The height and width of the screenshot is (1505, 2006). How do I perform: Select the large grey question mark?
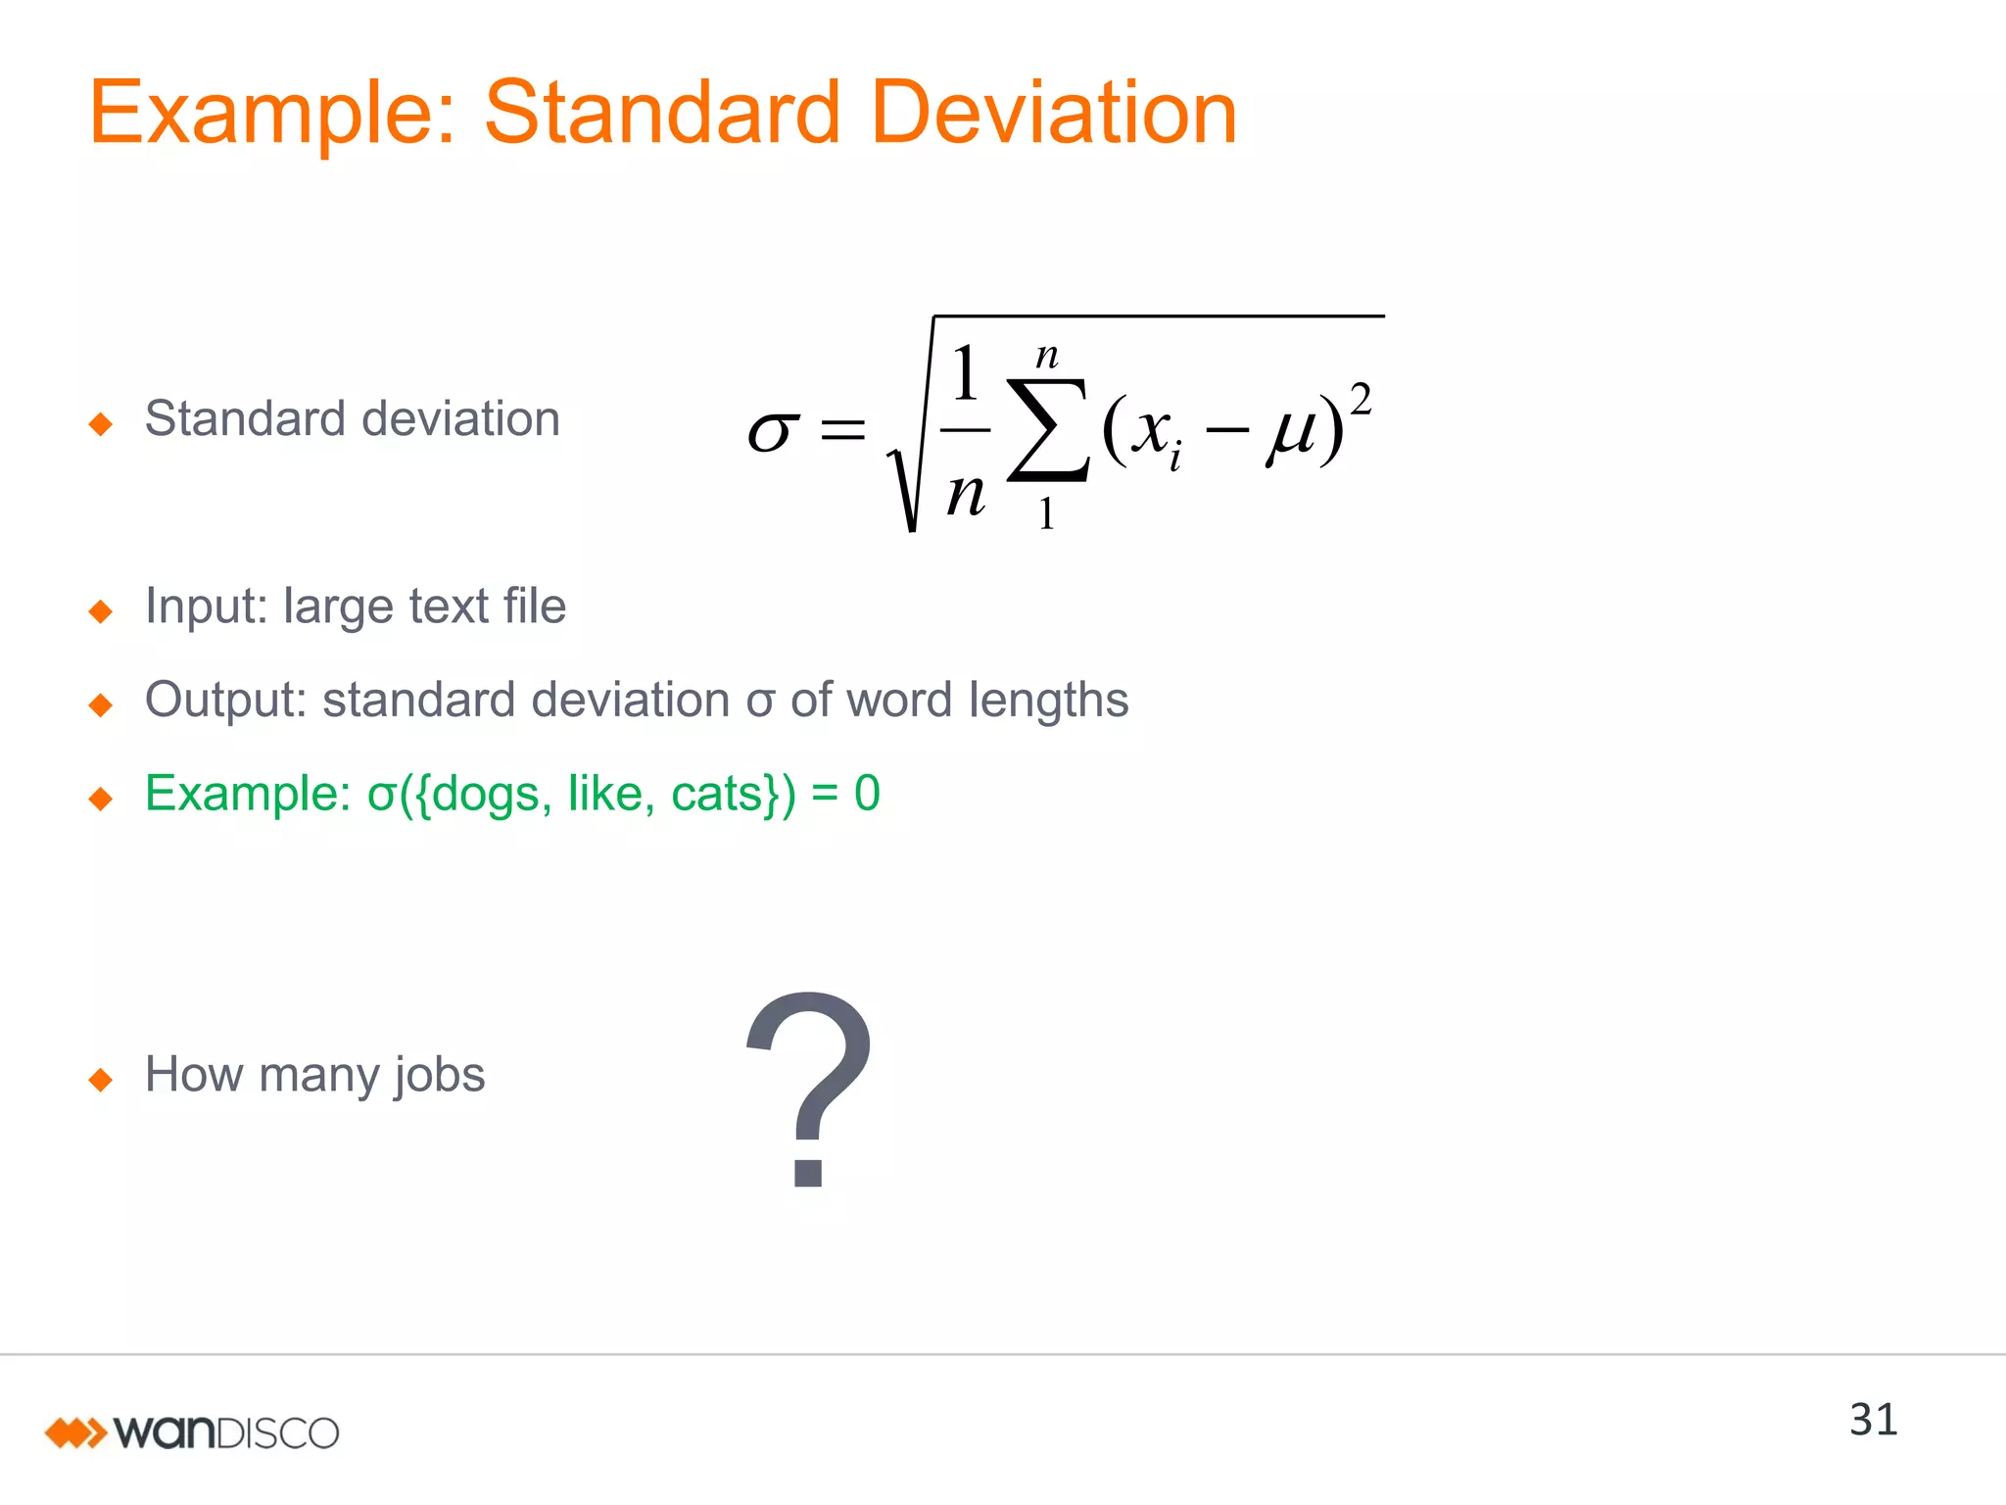(809, 1088)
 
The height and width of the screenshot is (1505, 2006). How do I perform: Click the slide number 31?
(1873, 1420)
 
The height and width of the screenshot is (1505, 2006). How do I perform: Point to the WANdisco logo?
(192, 1432)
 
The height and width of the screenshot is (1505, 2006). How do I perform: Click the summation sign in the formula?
(1047, 431)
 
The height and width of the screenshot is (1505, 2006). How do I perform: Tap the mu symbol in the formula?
(1292, 431)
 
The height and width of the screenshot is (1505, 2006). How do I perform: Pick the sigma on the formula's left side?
(772, 431)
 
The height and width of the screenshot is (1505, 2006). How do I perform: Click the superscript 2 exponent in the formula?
(1361, 400)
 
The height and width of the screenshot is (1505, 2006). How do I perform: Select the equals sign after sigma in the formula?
(842, 429)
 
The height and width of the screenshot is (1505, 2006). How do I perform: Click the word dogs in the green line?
(486, 795)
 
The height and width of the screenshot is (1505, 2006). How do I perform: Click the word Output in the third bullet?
(226, 701)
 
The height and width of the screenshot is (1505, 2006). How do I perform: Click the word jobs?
(440, 1076)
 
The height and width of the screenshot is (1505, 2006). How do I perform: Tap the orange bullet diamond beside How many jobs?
(101, 1080)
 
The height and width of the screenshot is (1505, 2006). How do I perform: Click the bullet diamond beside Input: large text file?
(101, 611)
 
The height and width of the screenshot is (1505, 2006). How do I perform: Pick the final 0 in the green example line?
(867, 794)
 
